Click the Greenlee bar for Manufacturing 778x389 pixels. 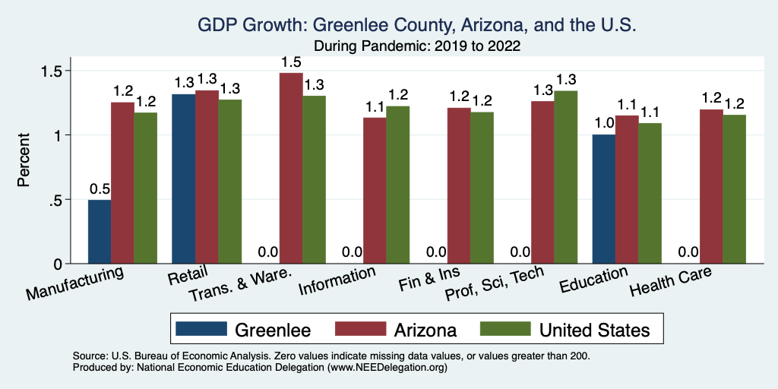(x=100, y=232)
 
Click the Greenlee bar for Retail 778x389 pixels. (x=184, y=179)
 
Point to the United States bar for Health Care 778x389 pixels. (x=734, y=189)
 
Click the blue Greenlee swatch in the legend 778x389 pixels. (x=201, y=329)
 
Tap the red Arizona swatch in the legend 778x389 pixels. (x=360, y=329)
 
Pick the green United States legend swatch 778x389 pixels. (x=505, y=329)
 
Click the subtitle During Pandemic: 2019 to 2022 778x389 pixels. (x=416, y=46)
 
